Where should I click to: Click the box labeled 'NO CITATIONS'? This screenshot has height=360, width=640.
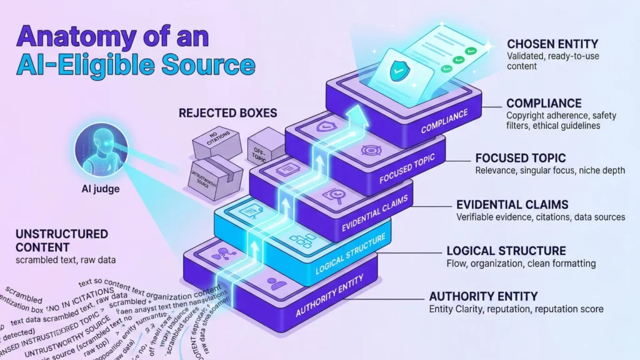pyautogui.click(x=216, y=143)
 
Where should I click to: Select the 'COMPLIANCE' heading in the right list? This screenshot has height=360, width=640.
pyautogui.click(x=544, y=103)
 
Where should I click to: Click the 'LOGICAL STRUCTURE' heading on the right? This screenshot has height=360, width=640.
pyautogui.click(x=506, y=251)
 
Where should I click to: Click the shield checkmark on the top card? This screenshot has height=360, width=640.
pyautogui.click(x=397, y=71)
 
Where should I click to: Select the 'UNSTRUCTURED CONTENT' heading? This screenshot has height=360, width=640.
pyautogui.click(x=61, y=241)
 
